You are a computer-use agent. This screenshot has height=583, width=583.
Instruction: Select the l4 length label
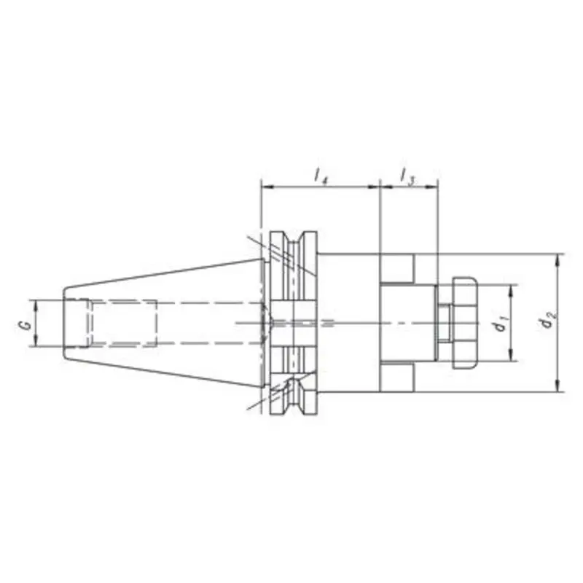pos(320,175)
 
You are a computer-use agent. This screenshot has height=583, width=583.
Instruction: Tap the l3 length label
pos(407,175)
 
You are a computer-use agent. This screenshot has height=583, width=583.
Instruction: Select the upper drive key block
pos(396,269)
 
